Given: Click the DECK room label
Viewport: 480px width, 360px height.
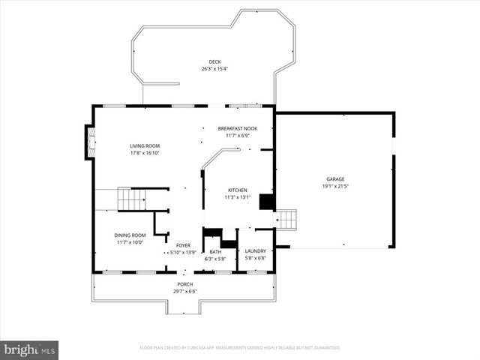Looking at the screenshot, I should click(x=214, y=61).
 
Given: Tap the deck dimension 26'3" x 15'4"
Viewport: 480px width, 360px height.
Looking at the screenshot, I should click(x=214, y=69).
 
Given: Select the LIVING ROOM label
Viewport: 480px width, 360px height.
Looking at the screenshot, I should click(x=144, y=146).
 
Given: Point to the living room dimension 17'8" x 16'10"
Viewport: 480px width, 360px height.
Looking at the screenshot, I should click(x=144, y=153).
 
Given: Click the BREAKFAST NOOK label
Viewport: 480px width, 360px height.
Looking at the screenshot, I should click(x=237, y=128).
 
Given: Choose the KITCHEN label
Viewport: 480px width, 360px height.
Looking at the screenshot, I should click(x=237, y=190).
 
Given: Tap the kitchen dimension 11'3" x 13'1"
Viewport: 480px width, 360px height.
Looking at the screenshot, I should click(x=237, y=198).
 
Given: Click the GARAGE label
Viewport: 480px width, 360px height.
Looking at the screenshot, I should click(x=334, y=178).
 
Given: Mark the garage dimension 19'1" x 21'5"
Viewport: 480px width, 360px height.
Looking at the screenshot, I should click(x=334, y=186).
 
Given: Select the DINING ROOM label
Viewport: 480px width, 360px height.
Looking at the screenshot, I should click(x=129, y=235).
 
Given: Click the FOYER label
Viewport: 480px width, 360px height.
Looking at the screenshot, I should click(x=183, y=245).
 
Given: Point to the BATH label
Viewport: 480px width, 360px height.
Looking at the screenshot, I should click(x=215, y=252).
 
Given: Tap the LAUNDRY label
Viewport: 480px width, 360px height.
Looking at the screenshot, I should click(x=256, y=251).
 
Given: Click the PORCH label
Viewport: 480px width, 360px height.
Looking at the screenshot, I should click(x=184, y=284).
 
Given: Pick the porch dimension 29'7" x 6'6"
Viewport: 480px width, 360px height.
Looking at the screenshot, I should click(x=184, y=291).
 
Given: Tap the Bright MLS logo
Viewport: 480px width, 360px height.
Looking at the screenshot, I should click(x=30, y=349).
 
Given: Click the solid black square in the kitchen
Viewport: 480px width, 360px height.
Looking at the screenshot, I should click(x=265, y=202).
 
